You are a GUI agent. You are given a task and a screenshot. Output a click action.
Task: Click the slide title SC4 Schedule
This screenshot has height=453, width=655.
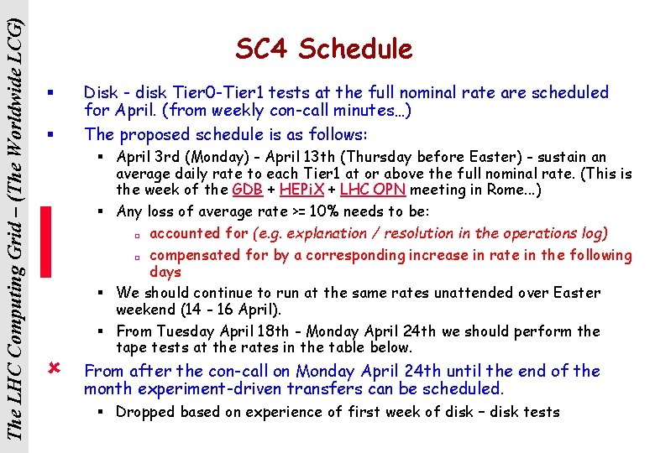[x=324, y=49]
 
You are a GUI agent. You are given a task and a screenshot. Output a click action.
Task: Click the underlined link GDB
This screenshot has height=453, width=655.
[x=247, y=190]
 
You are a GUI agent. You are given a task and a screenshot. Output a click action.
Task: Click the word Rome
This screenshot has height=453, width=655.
[x=509, y=190]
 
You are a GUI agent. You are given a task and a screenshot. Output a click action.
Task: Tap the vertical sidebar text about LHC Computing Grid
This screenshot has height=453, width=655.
[x=16, y=226]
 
